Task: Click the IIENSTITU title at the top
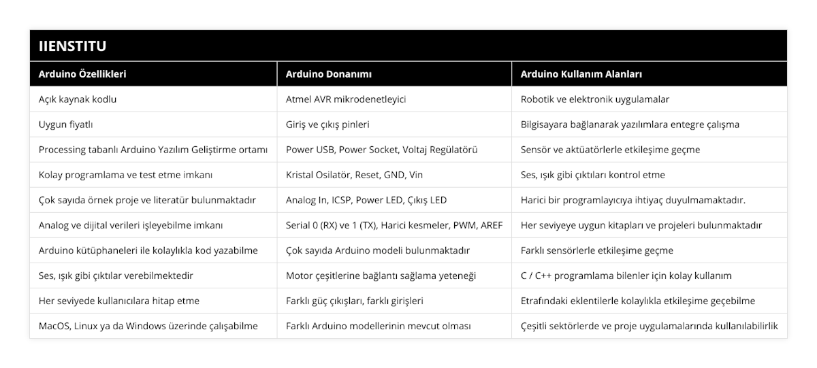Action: click(73, 46)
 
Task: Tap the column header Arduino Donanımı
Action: click(328, 74)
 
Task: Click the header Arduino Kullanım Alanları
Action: click(581, 74)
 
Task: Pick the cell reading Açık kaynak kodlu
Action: click(78, 99)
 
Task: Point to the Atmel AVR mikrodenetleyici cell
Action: click(346, 99)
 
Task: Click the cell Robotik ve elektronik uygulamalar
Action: click(594, 99)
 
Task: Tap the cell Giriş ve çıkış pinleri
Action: click(328, 124)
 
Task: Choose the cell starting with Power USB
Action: click(381, 150)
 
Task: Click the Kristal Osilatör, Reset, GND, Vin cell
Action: click(354, 175)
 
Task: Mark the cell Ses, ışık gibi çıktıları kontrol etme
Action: click(592, 175)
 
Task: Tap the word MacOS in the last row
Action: click(54, 326)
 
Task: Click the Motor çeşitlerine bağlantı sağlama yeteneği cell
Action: click(381, 275)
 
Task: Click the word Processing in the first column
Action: click(63, 150)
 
